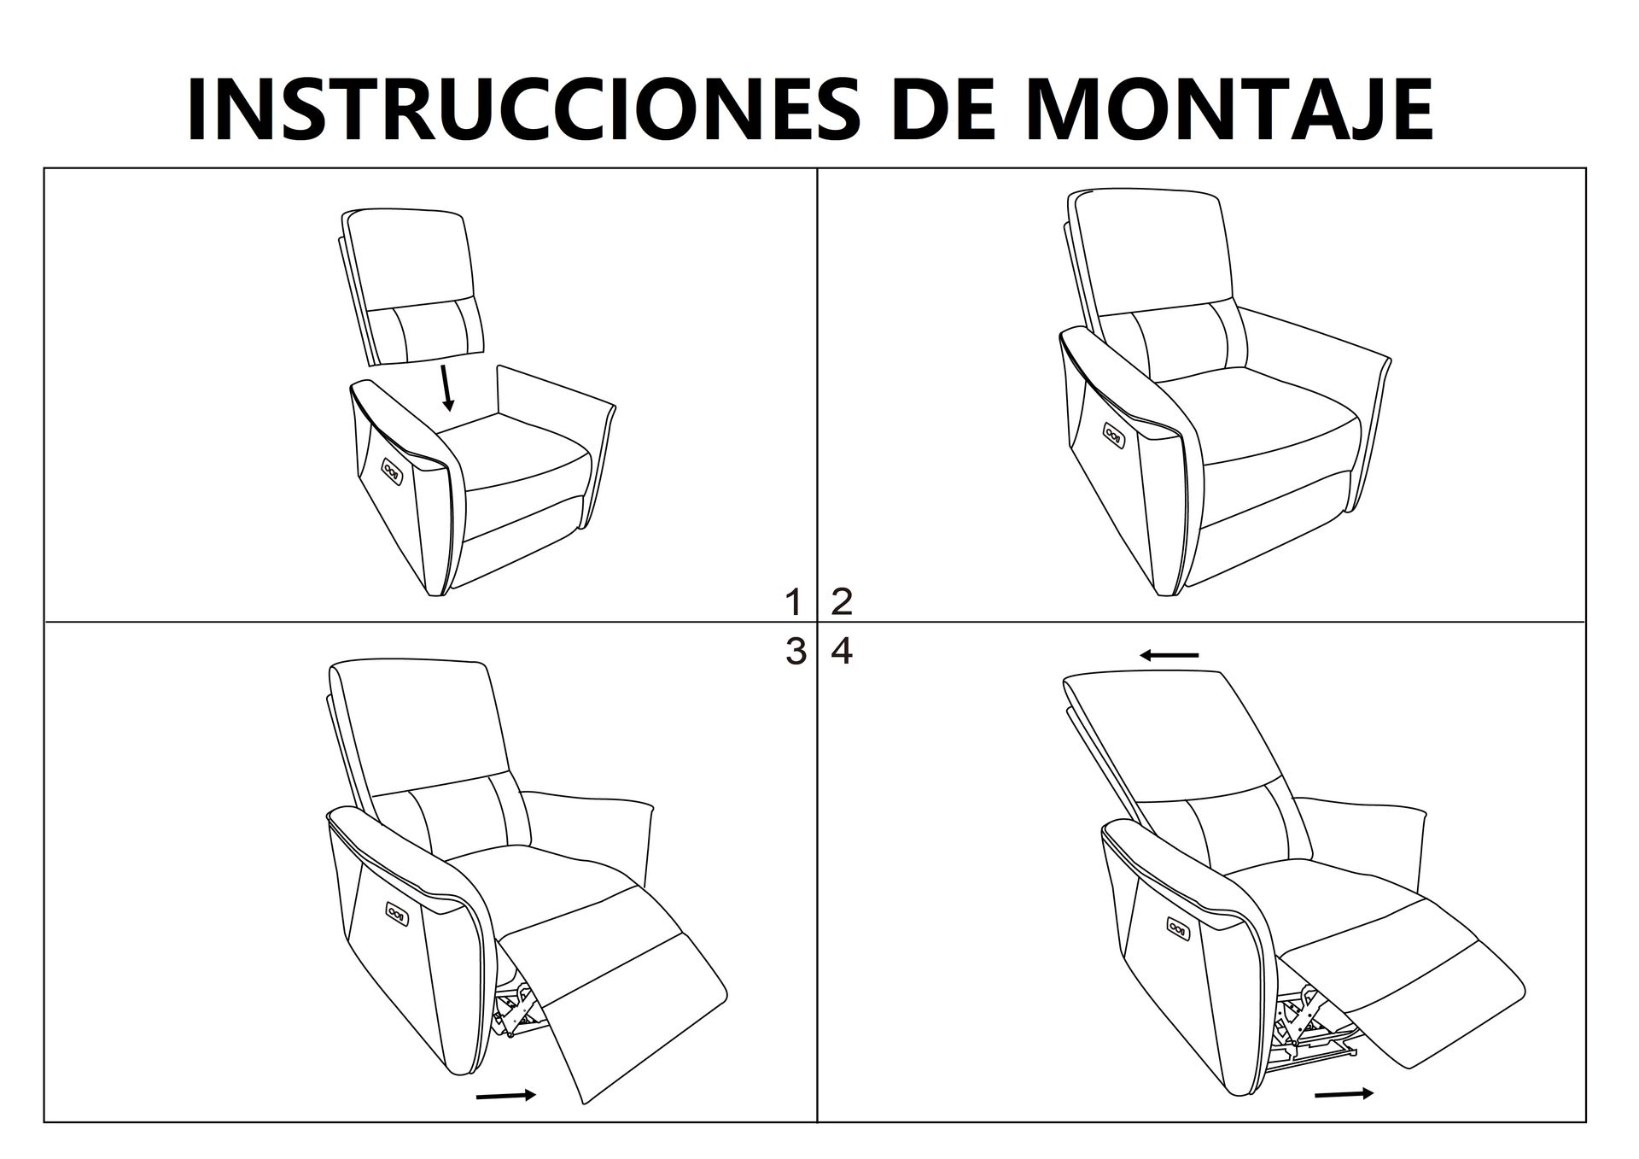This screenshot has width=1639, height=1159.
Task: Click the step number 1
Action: (x=794, y=602)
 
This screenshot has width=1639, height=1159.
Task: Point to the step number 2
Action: (x=842, y=602)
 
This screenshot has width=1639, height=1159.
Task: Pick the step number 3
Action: (x=795, y=652)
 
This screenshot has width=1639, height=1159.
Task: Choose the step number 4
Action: (x=842, y=652)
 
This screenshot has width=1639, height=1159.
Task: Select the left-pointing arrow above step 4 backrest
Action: (x=1169, y=655)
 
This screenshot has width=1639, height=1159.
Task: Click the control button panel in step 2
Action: (x=1114, y=435)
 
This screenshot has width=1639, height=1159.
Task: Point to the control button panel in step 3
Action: (x=397, y=913)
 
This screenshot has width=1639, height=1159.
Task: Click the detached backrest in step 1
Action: (x=411, y=286)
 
